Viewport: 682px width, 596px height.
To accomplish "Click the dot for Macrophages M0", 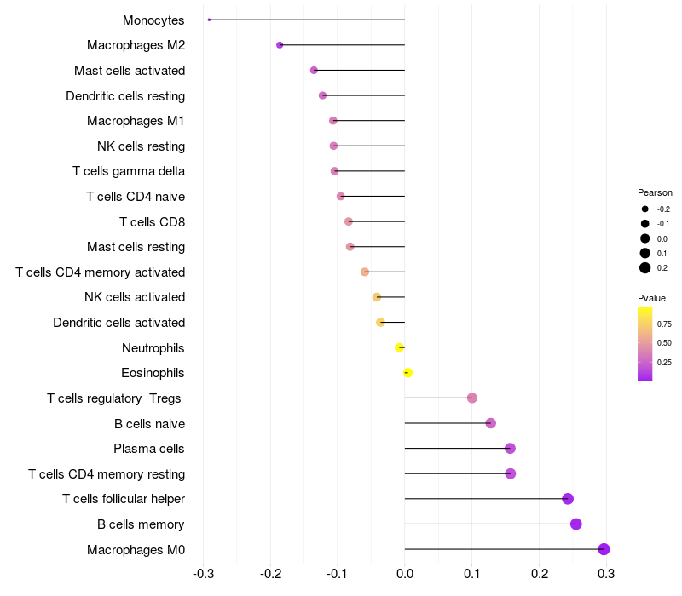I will pos(604,549).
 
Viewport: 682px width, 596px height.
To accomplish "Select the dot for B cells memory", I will pos(576,524).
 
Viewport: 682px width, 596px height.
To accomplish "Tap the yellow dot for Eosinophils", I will pos(407,373).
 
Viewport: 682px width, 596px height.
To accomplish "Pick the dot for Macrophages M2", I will pos(280,45).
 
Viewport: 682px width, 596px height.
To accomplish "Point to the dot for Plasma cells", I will pos(510,449).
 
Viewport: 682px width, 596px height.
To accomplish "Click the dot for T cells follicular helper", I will pos(568,499).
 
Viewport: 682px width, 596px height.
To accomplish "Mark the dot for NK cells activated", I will pos(377,297).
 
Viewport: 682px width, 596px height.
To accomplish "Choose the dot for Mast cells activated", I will pos(314,70).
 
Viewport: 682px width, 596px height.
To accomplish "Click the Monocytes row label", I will pos(153,20).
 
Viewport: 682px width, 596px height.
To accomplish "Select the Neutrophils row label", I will pos(153,347).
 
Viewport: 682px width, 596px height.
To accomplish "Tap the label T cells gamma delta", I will pos(129,171).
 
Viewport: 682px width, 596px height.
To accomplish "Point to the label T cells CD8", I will pos(152,221).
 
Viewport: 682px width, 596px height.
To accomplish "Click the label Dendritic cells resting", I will pos(125,95).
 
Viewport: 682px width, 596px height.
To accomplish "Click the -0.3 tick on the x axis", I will pos(203,574).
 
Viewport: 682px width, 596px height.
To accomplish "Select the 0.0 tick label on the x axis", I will pos(405,574).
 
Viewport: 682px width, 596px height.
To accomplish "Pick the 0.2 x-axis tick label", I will pos(539,574).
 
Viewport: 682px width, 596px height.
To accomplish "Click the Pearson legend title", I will pos(655,192).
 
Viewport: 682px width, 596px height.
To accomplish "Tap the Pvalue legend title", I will pos(651,298).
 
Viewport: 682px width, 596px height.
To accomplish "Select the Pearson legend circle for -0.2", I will pos(645,209).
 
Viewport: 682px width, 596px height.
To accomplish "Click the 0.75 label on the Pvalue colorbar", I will pos(664,324).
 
